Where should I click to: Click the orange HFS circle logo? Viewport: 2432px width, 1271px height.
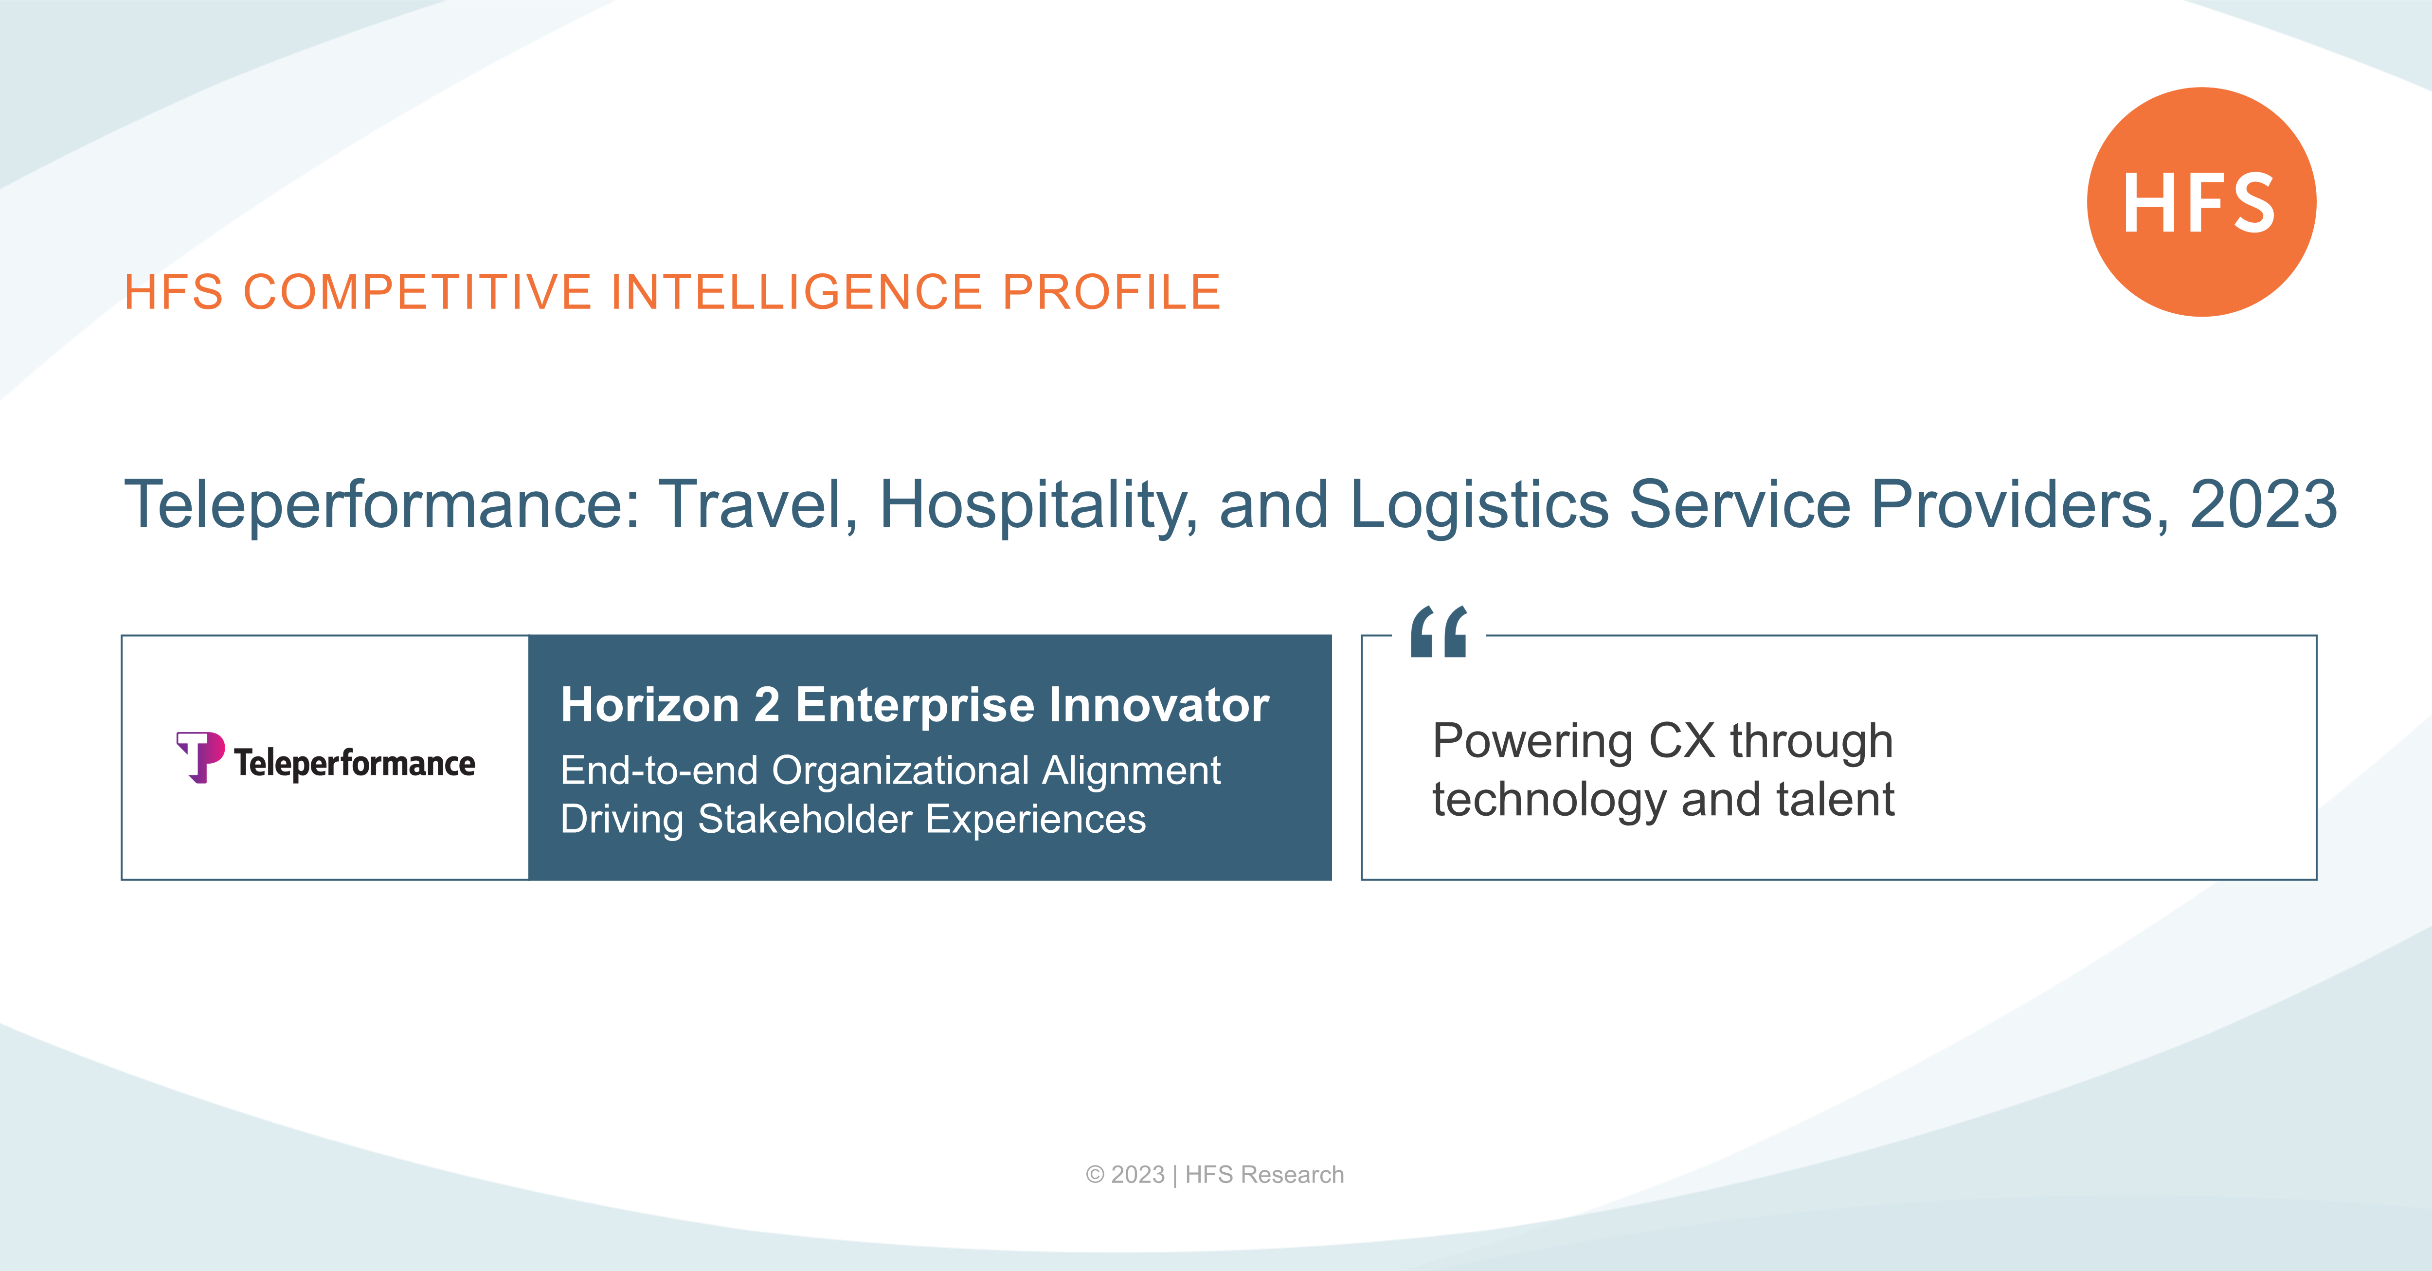[x=2201, y=202]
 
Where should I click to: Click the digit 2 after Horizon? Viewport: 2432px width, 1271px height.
[x=767, y=705]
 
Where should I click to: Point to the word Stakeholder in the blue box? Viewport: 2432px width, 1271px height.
[x=805, y=819]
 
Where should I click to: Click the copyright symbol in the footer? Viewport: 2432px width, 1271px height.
[x=1095, y=1175]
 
